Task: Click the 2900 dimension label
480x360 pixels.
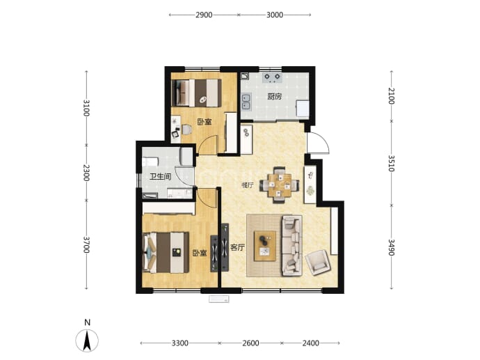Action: (204, 15)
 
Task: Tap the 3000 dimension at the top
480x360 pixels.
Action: (275, 15)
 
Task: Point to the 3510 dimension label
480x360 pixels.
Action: (392, 163)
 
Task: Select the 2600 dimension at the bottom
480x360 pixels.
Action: (250, 343)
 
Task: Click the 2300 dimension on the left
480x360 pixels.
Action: (86, 173)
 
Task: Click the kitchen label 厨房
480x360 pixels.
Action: (274, 97)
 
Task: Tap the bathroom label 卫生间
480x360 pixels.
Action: (161, 177)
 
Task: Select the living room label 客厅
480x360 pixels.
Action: (237, 247)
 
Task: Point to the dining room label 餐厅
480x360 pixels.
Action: (248, 185)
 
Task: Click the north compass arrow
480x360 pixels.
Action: (87, 341)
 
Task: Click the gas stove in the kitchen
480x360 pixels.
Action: (272, 77)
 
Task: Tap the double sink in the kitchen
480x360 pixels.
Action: (246, 102)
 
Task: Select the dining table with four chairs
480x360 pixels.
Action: (279, 185)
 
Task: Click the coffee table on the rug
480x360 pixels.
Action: (265, 246)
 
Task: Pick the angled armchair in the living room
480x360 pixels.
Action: (319, 263)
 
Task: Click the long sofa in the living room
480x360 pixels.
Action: (292, 245)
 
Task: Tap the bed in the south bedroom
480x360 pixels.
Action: (166, 253)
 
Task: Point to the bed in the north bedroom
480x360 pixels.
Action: (197, 93)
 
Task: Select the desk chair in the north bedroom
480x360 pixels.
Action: (186, 130)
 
